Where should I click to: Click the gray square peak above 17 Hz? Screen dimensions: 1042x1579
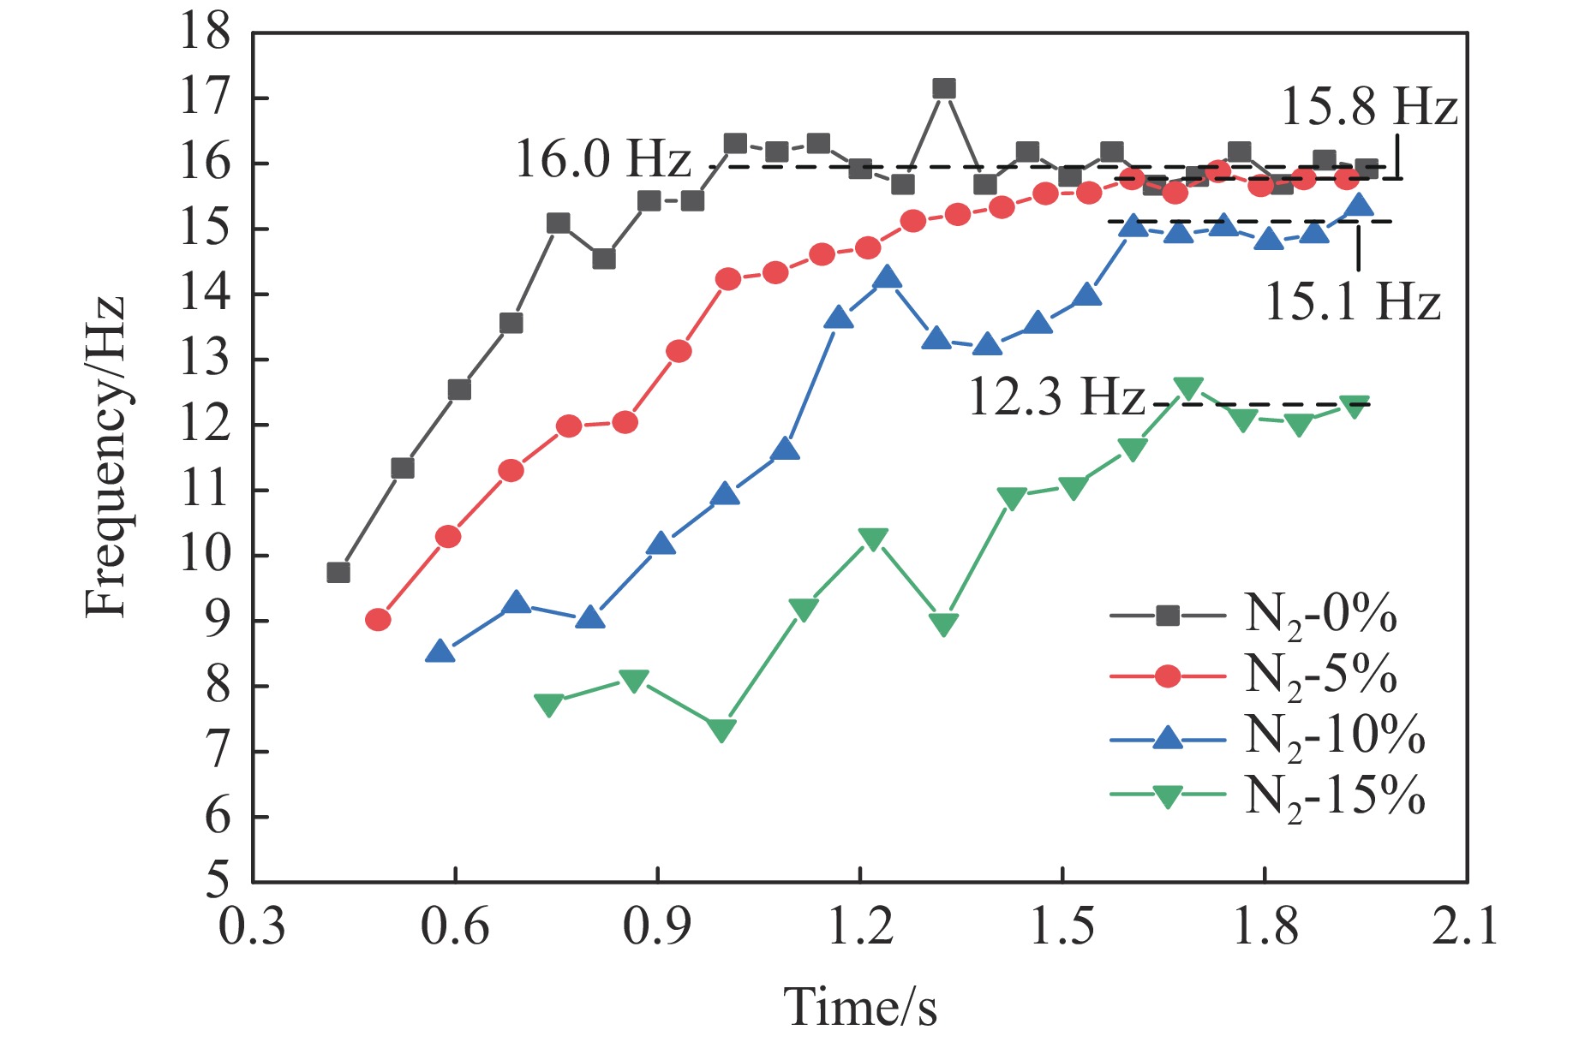pos(943,89)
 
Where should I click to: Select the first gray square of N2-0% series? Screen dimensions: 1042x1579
pos(338,572)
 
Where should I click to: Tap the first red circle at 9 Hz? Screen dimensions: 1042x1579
pos(378,620)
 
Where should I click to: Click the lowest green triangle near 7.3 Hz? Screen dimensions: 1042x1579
pos(721,730)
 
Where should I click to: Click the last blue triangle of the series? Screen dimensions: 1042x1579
pos(1359,205)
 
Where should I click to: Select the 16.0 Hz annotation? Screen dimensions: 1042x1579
pos(602,160)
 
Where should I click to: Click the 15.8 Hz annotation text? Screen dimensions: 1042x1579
pos(1368,109)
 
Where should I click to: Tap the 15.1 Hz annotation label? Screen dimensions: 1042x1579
pos(1352,302)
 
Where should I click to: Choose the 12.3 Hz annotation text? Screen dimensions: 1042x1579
pos(1056,398)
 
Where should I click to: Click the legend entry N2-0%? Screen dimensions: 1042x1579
pos(1319,615)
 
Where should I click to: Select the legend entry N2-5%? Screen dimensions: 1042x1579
pos(1319,675)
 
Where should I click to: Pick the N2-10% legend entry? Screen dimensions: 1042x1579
pos(1333,735)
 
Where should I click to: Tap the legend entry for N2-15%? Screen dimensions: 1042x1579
pos(1333,795)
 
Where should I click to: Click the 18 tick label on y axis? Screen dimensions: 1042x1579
pos(206,33)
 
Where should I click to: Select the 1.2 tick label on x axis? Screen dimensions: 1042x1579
pos(860,928)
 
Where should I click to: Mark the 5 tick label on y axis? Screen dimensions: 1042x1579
pos(218,882)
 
